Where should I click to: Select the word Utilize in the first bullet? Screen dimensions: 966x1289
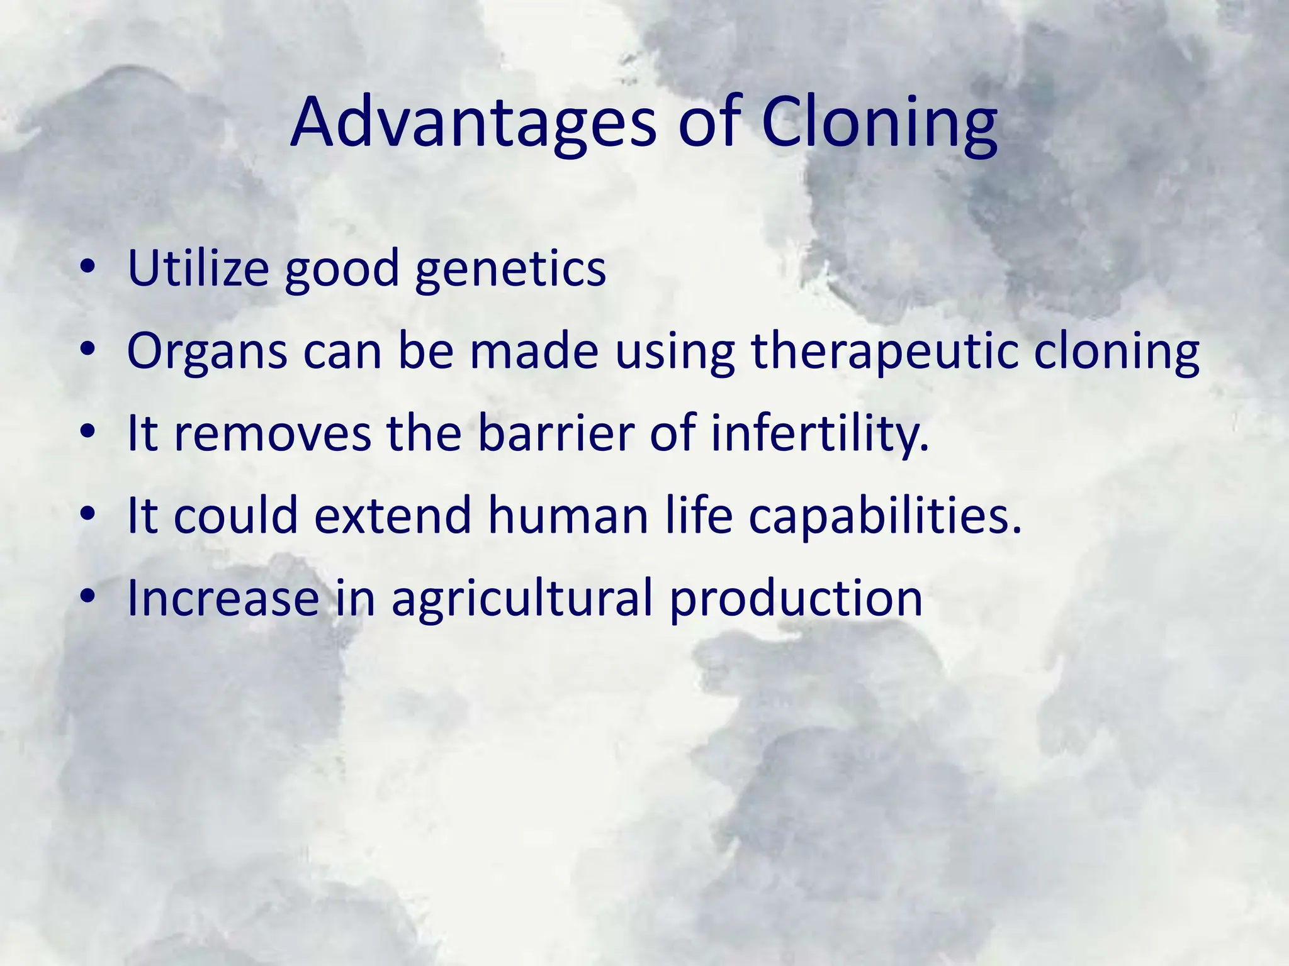click(x=198, y=269)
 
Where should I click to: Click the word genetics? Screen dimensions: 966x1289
click(x=510, y=269)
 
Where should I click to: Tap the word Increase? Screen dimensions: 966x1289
click(x=223, y=598)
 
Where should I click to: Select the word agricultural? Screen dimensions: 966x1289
click(x=522, y=598)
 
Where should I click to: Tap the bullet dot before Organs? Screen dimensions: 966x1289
click(x=88, y=350)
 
